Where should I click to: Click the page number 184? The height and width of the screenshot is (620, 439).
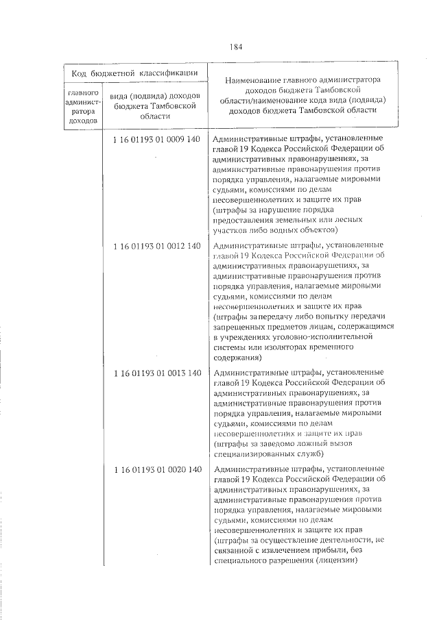pos(236,47)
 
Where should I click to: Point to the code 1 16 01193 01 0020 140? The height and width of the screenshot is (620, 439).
pos(156,469)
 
